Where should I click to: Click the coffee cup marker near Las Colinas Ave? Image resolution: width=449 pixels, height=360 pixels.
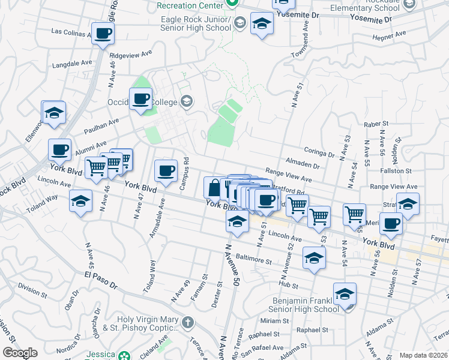(102, 34)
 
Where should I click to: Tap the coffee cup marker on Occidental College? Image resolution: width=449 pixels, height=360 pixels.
(141, 99)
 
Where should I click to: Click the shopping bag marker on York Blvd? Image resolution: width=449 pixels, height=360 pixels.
(214, 187)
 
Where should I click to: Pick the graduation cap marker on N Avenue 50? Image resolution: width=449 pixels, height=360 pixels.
(237, 222)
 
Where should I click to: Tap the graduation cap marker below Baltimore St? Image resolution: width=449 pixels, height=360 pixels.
(314, 257)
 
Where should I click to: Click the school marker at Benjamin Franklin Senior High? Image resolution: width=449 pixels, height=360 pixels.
(345, 294)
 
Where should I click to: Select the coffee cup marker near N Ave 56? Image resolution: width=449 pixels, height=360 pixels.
(391, 224)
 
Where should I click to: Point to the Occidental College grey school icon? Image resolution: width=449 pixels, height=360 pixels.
(187, 100)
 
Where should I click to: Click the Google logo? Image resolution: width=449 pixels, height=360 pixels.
(20, 353)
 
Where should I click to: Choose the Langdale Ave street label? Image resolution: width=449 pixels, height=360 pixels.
(72, 63)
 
